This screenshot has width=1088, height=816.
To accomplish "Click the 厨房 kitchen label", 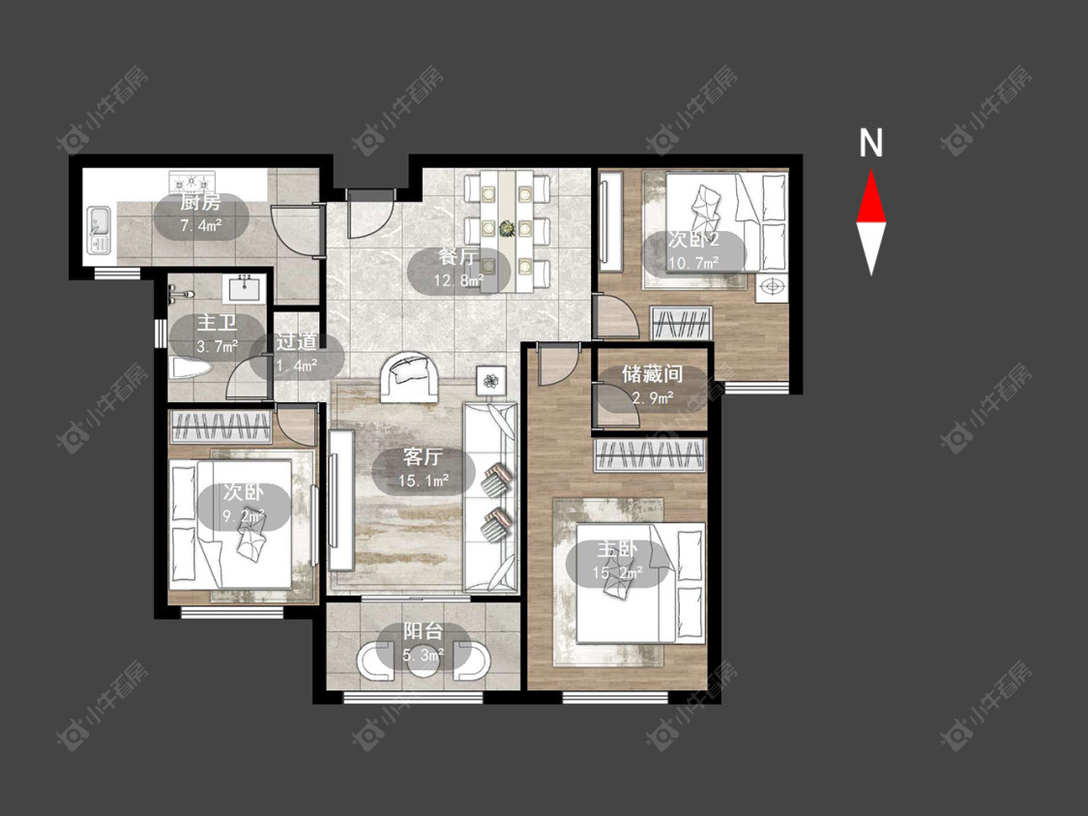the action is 200,203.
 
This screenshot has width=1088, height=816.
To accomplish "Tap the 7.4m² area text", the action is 200,225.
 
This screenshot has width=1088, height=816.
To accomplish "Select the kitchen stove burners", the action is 192,183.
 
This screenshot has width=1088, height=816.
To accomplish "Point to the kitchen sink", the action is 97,228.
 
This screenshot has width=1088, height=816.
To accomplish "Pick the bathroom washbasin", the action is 243,288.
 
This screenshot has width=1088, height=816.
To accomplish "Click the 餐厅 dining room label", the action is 458,257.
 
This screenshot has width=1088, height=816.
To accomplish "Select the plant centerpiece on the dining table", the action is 507,227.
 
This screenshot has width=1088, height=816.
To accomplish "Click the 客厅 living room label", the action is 424,456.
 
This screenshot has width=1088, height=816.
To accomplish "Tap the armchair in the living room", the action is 409,377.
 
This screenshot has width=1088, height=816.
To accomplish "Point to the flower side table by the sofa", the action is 491,381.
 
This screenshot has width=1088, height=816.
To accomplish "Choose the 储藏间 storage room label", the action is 652,375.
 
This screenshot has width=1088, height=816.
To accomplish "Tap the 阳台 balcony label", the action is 424,631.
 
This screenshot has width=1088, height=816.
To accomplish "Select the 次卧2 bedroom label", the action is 693,240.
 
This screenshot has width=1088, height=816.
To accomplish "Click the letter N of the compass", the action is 870,143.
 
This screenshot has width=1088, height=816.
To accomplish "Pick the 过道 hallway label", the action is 296,341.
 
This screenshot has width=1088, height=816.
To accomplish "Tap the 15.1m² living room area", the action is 424,481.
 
